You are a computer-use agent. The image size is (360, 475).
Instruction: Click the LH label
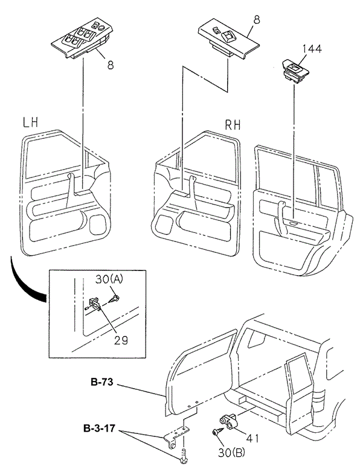(x=30, y=123)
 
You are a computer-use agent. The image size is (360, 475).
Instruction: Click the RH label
(x=233, y=125)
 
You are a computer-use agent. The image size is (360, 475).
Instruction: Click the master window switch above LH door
(x=80, y=39)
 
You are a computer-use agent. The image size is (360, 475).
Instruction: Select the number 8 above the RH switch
(x=256, y=21)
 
